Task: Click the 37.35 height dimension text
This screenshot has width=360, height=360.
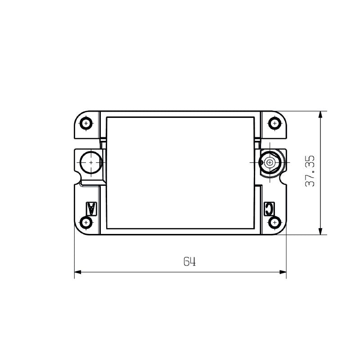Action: click(310, 171)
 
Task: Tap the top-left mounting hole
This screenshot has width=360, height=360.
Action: click(86, 123)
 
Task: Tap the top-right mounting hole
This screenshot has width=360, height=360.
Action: click(274, 123)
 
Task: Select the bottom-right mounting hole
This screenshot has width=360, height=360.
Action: click(275, 222)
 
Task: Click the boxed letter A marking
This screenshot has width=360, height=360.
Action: click(91, 208)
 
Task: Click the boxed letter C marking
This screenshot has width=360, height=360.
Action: click(269, 208)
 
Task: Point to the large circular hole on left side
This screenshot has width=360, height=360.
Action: click(90, 162)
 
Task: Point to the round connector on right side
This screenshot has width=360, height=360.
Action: click(270, 162)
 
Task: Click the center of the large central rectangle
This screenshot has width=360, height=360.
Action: click(180, 172)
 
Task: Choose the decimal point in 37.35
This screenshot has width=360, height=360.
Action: click(310, 172)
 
